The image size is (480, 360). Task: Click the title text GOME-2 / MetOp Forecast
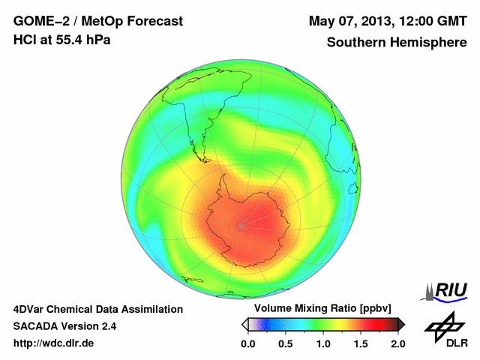(98, 21)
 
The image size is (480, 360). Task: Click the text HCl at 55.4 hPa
(61, 40)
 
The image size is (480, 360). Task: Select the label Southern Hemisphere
(396, 42)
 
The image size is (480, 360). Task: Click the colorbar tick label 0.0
(247, 343)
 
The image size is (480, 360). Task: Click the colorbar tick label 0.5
(285, 343)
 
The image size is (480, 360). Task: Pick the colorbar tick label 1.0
(323, 343)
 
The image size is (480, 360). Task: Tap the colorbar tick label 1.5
(361, 343)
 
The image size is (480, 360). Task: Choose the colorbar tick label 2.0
(397, 343)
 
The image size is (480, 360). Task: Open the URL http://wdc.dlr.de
(54, 343)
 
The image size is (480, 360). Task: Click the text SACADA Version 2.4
(64, 326)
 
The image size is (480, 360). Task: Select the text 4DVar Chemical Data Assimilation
(97, 309)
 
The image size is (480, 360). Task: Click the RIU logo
(447, 291)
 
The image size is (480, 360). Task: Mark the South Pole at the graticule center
(241, 224)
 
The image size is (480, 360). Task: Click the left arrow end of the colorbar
(244, 324)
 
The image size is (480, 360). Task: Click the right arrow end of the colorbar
(401, 324)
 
